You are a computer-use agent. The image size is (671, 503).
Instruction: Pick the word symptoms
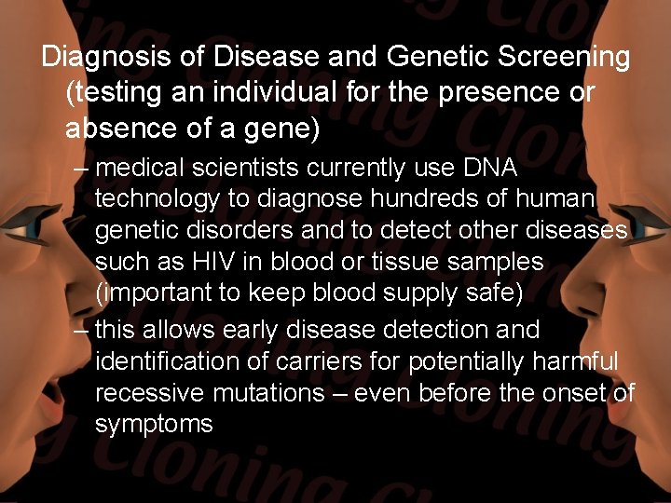[154, 425]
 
